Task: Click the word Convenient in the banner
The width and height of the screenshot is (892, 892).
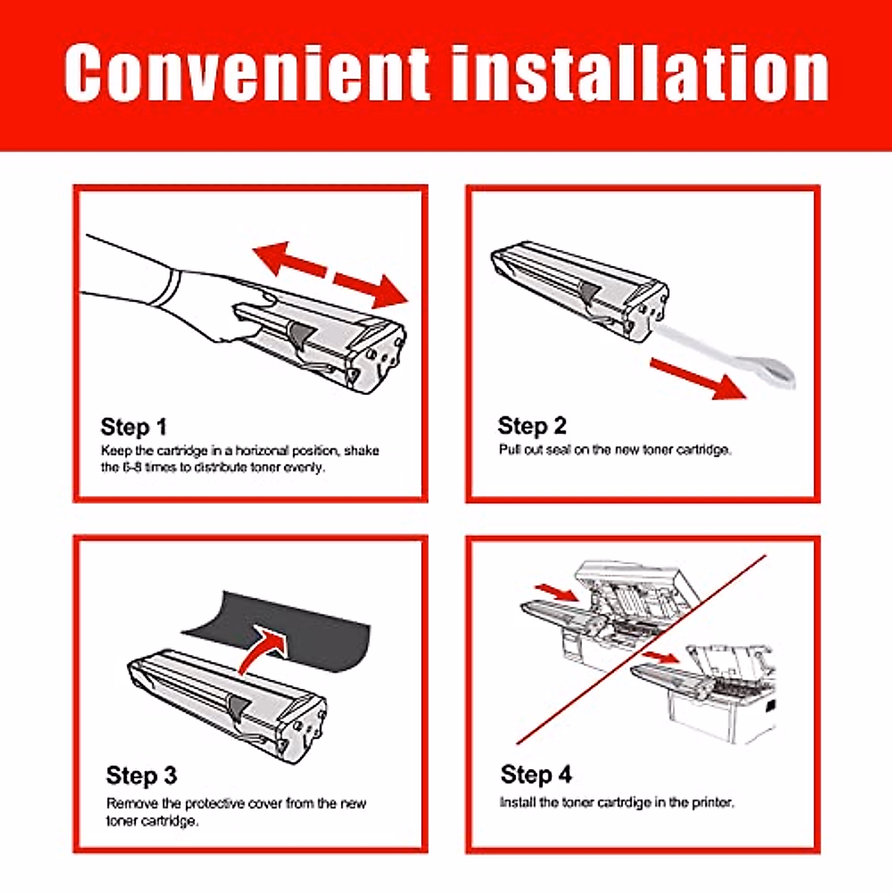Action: click(248, 73)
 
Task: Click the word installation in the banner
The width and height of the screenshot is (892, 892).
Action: click(640, 73)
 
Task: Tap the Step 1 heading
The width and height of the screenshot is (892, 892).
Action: click(133, 427)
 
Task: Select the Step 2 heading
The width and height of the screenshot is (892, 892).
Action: click(532, 426)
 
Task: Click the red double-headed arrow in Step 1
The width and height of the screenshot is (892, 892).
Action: click(331, 275)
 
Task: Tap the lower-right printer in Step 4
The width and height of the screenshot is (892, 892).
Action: click(708, 694)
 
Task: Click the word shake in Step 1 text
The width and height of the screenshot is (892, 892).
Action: click(361, 451)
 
